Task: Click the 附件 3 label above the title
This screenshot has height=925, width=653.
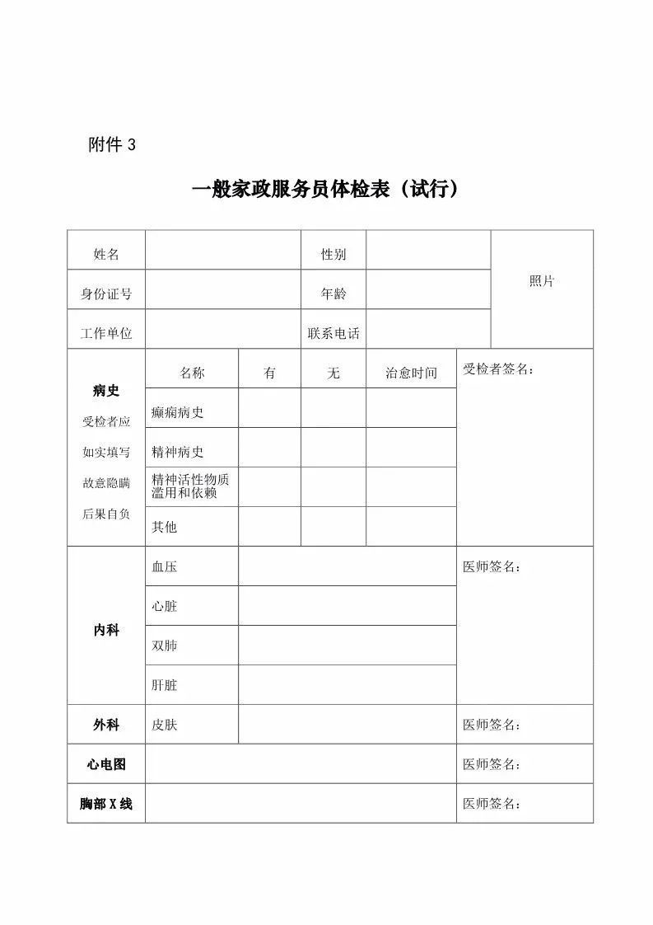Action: click(111, 145)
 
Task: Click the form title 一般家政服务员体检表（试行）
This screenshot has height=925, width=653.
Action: click(325, 190)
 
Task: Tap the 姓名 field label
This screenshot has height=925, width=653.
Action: click(106, 254)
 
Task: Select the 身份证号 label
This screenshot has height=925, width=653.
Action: click(106, 293)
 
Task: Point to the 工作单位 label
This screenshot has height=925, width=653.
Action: click(106, 333)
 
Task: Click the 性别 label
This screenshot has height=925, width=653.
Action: click(333, 254)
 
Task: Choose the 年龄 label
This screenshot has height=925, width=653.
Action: click(333, 293)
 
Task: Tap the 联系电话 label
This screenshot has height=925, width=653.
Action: click(333, 333)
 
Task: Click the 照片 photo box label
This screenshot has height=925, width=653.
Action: click(542, 281)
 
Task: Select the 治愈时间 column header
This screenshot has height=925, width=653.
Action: click(411, 373)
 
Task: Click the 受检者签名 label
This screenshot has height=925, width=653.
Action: click(498, 369)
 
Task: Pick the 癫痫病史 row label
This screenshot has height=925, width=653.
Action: click(177, 412)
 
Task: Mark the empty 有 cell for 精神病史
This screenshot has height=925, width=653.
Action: click(269, 448)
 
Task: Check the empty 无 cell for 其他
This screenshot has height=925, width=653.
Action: click(333, 527)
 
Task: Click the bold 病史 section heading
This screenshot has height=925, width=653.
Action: click(106, 391)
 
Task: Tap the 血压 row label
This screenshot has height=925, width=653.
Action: click(165, 566)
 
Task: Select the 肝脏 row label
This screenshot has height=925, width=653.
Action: click(165, 685)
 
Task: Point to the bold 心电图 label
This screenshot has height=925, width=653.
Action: click(106, 764)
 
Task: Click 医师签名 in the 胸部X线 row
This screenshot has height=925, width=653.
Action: click(492, 804)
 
